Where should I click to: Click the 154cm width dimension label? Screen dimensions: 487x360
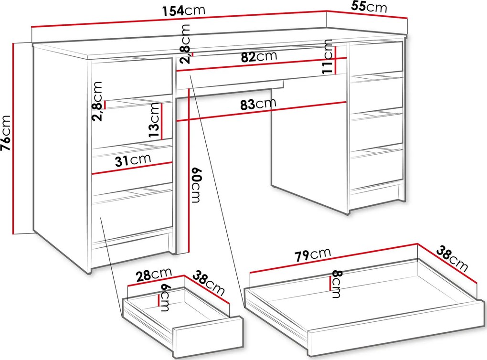[183, 10]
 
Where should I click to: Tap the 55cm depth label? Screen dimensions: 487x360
[369, 7]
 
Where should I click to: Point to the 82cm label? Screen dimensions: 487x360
[259, 56]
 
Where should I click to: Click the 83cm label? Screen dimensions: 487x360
[258, 104]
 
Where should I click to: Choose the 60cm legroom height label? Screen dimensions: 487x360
[197, 185]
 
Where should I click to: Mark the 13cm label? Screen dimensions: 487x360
[154, 120]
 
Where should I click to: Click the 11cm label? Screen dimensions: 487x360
[328, 56]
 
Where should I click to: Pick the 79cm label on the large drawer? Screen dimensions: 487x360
[313, 254]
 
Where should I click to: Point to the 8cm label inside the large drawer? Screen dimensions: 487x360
[337, 284]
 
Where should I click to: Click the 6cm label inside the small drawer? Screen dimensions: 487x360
[164, 297]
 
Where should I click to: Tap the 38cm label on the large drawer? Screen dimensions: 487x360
[452, 258]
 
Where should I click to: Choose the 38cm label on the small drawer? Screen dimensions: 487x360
[209, 283]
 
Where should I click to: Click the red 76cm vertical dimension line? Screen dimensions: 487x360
[13, 138]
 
